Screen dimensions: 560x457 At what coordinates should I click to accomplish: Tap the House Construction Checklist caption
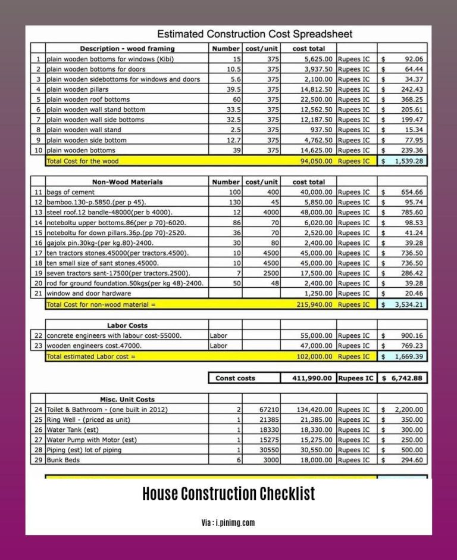click(228, 494)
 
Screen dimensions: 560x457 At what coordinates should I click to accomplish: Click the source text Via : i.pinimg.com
click(228, 522)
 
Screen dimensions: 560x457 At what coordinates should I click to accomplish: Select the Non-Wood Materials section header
click(127, 182)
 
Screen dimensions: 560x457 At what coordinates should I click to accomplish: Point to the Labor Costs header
click(127, 325)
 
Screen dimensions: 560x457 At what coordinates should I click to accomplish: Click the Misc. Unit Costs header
click(127, 399)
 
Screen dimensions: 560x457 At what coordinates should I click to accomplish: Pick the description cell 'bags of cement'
click(71, 192)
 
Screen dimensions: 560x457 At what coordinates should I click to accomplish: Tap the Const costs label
click(235, 378)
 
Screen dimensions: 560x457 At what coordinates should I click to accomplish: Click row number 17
click(38, 253)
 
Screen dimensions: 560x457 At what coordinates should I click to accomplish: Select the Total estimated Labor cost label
click(91, 356)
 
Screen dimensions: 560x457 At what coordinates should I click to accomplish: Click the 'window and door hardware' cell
click(89, 294)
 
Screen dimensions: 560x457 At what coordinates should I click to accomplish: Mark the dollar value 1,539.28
click(408, 161)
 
